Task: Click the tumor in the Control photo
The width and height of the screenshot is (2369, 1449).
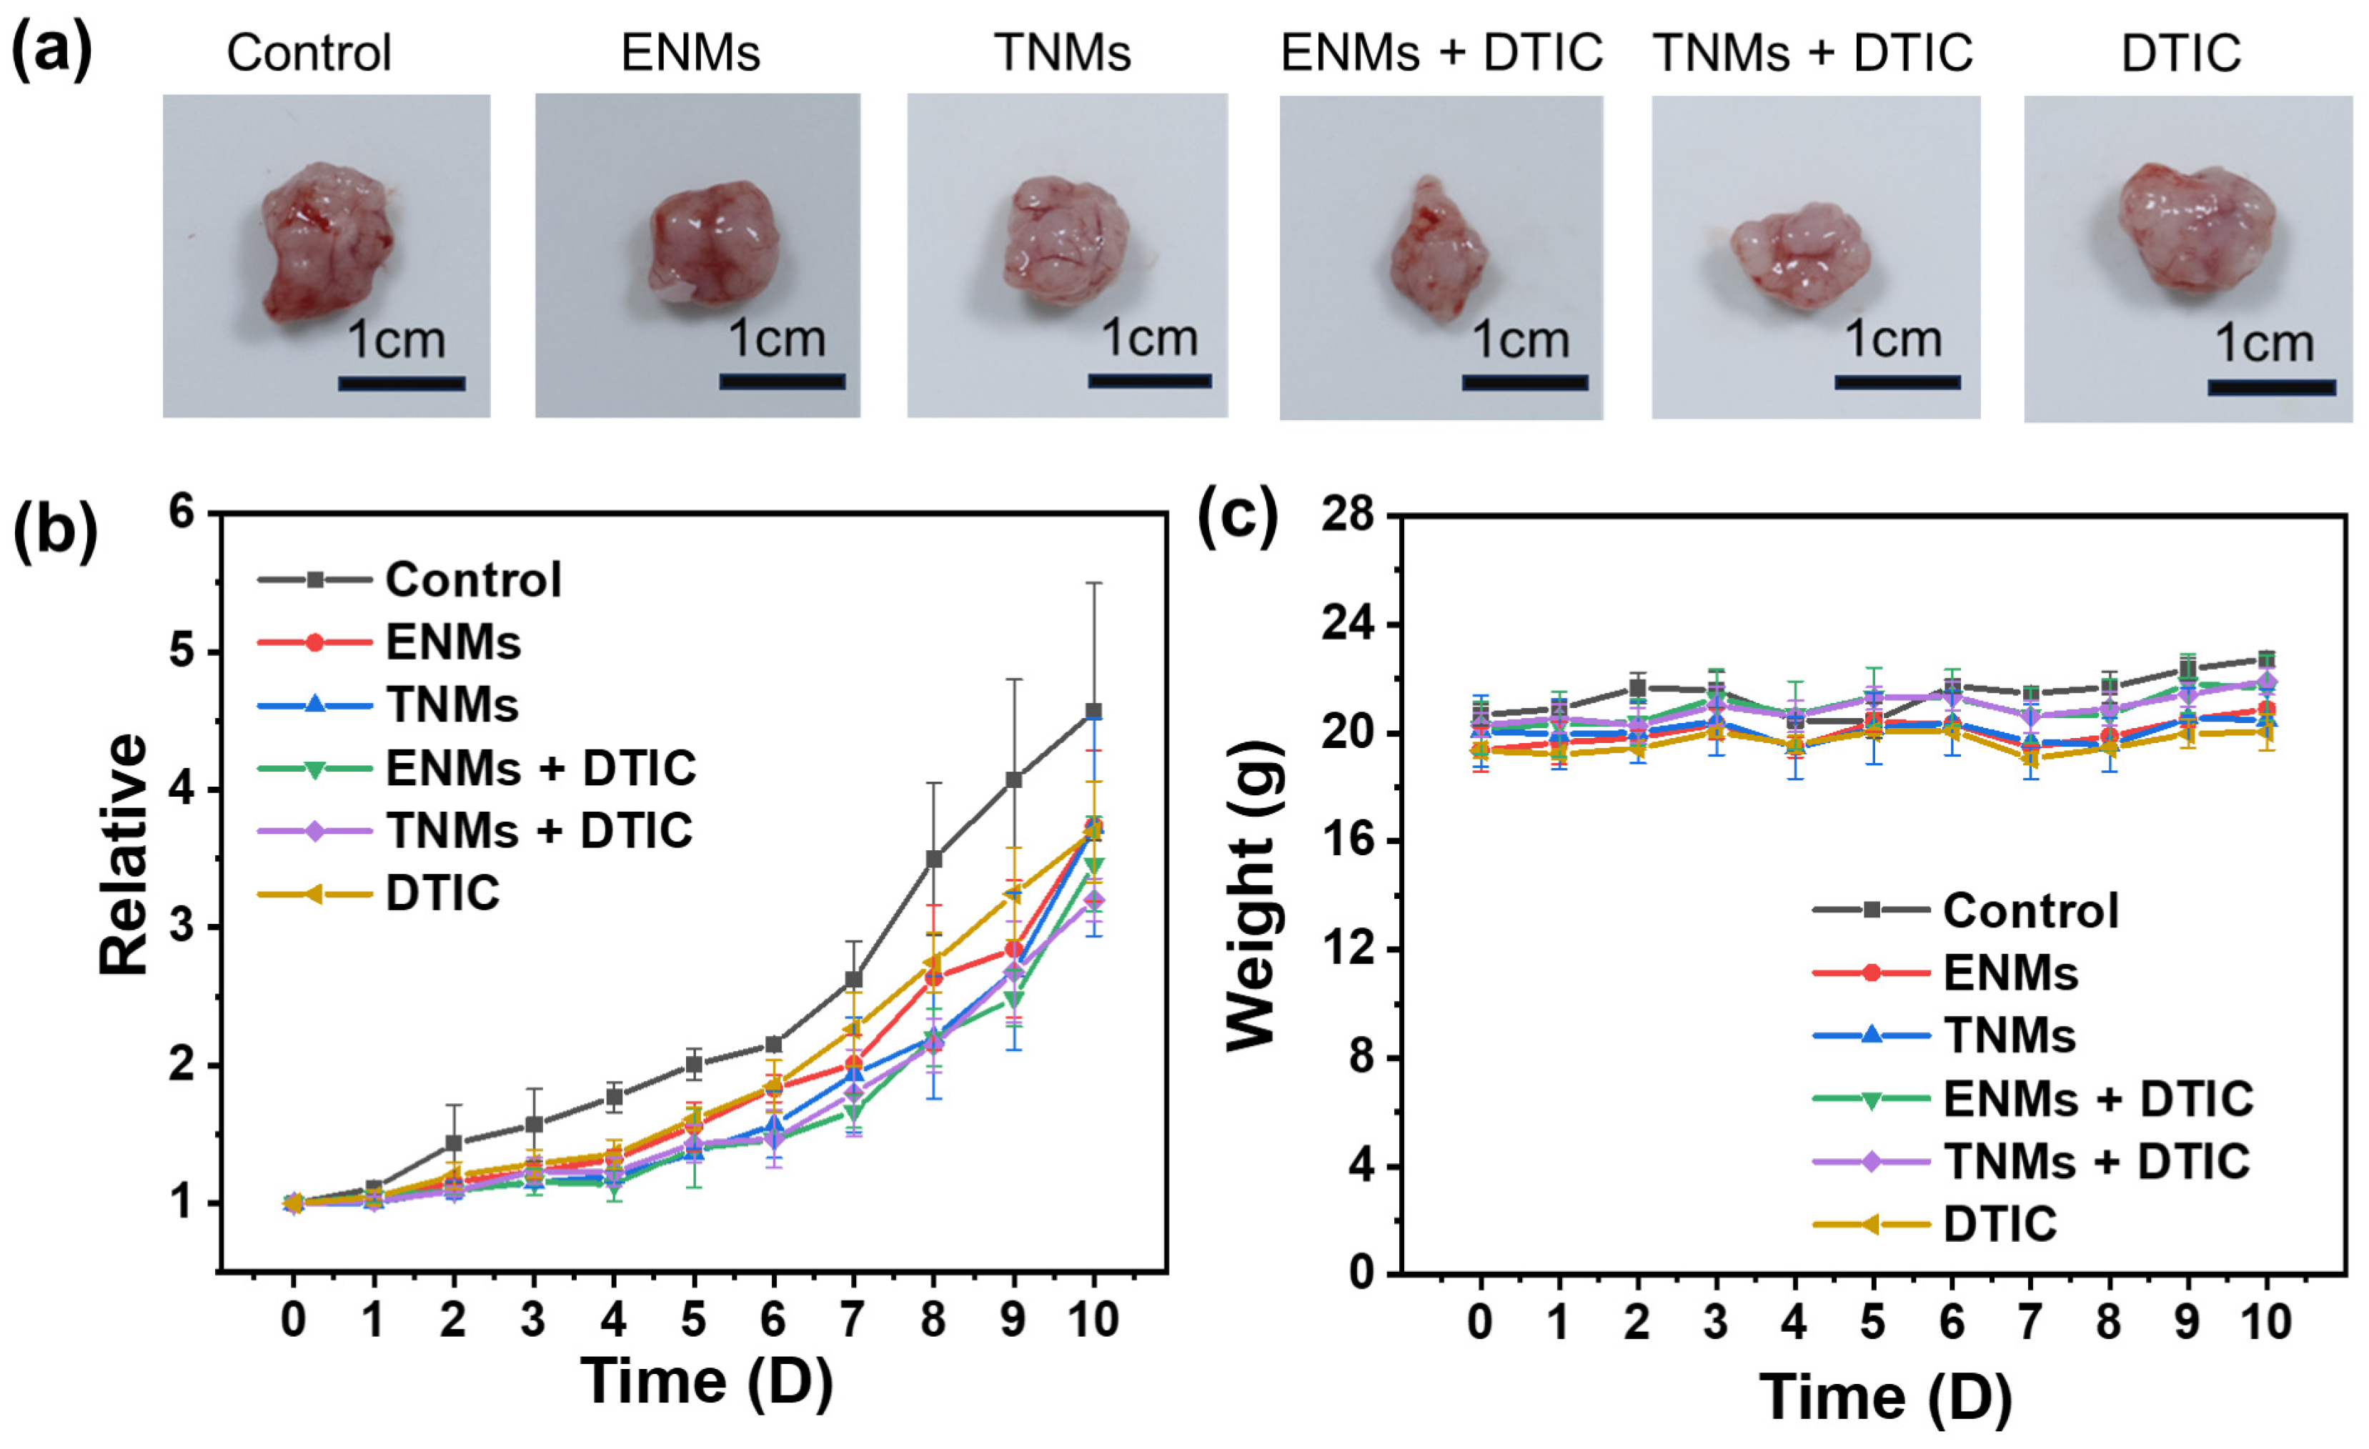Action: [325, 240]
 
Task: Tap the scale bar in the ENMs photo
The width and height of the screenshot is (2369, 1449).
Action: [782, 382]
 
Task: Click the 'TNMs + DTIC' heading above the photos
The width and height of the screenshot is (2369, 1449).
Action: [1812, 53]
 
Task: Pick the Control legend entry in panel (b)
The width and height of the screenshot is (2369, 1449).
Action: [409, 579]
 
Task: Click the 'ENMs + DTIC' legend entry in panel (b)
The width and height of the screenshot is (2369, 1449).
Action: [477, 768]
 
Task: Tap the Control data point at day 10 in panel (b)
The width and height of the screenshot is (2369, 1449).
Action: [1093, 712]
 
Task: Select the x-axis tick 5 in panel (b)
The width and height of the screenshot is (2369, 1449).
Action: [693, 1320]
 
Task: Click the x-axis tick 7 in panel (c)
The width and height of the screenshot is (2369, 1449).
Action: [2030, 1322]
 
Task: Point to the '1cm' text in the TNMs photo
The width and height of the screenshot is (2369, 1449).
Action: [1149, 339]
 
